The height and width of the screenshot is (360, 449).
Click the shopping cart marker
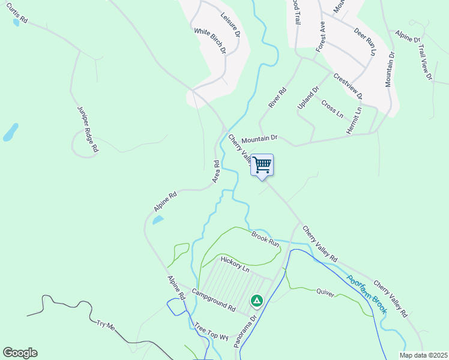[262, 164]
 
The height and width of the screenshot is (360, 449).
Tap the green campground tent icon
[256, 299]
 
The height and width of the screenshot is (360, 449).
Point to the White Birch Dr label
[209, 41]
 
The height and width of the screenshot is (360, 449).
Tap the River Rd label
[278, 98]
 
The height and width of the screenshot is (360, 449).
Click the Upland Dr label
[306, 98]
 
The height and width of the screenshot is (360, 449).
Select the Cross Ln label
[332, 109]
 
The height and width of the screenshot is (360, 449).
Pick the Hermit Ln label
[354, 121]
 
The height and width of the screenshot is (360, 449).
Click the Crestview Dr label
[348, 86]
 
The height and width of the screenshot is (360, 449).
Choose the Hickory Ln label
[234, 264]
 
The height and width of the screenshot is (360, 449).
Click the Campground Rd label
[213, 300]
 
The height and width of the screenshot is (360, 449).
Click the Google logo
[20, 353]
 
